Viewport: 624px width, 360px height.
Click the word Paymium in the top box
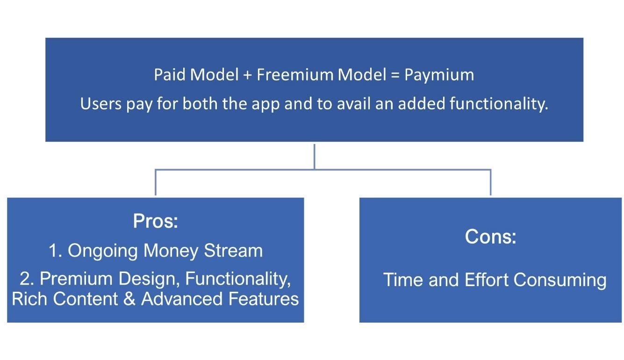point(439,75)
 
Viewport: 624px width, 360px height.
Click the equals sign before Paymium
point(395,75)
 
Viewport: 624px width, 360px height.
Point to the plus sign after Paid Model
point(248,75)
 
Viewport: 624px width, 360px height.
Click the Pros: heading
point(156,221)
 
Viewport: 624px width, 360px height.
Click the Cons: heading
point(490,237)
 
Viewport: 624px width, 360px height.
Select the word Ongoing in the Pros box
point(103,251)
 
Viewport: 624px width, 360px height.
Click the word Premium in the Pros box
point(76,278)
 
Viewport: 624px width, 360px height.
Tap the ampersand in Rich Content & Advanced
point(129,299)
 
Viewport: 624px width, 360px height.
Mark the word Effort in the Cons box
point(486,280)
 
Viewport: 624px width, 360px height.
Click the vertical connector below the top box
point(314,156)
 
